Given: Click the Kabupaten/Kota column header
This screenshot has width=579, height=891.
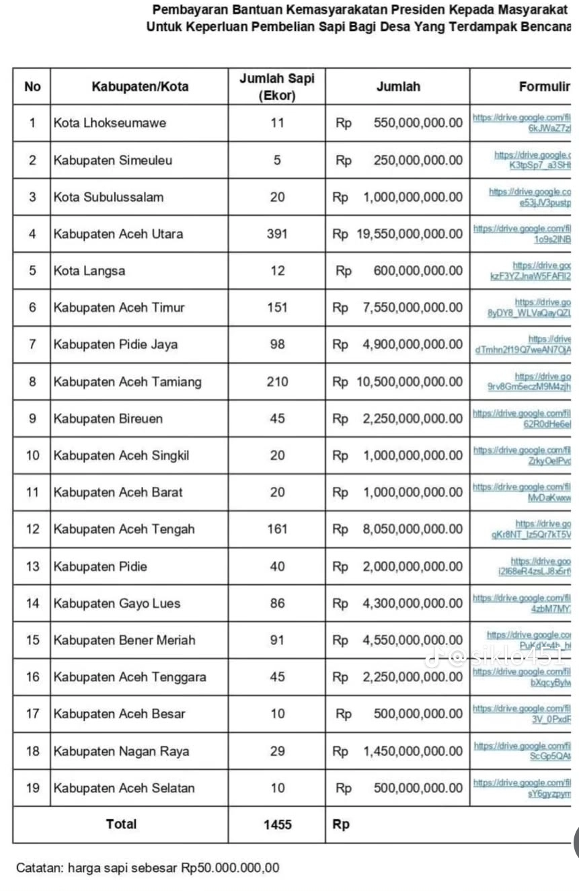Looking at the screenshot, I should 139,86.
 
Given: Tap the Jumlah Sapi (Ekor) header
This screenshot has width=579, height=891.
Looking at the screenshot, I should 276,87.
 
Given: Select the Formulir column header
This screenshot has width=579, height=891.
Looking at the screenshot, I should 544,86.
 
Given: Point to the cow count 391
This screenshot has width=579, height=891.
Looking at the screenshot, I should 277,234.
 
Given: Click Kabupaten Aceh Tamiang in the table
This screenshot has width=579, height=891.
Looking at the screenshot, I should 127,382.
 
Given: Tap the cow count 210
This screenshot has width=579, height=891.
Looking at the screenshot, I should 277,382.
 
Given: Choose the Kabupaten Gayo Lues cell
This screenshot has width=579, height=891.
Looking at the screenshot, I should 117,603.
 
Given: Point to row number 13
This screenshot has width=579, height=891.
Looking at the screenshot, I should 32,566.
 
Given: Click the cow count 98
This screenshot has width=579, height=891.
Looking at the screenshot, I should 277,345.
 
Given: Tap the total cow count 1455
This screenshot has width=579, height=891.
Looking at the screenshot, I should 277,824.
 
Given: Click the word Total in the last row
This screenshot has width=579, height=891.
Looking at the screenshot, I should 121,824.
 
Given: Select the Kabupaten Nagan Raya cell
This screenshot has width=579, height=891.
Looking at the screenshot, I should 121,751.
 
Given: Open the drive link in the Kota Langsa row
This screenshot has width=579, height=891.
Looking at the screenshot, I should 531,271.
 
